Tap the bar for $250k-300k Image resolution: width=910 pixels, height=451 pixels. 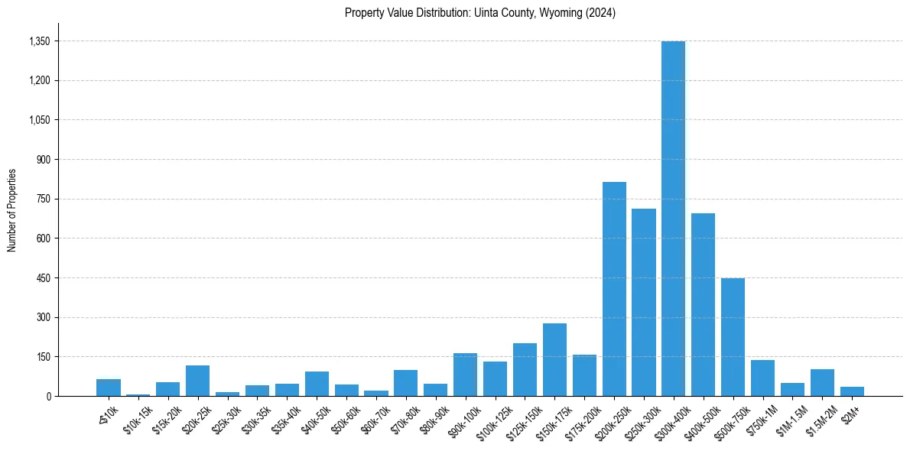[x=644, y=302]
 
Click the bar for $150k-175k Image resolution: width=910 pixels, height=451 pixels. [x=554, y=359]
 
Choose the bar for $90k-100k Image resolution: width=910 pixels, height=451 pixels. [x=465, y=375]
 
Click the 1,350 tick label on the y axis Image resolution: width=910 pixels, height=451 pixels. [x=39, y=41]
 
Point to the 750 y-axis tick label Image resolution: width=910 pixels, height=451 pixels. [x=43, y=199]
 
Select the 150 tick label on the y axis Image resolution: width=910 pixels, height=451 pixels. [x=43, y=357]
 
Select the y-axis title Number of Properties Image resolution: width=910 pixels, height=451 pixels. [x=12, y=210]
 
